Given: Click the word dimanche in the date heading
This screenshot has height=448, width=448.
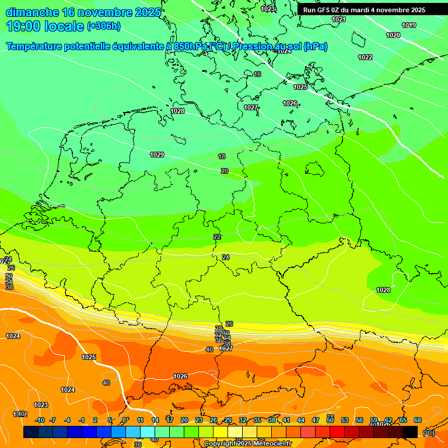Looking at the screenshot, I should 32,12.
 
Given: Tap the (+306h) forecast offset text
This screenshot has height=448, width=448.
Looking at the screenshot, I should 103,26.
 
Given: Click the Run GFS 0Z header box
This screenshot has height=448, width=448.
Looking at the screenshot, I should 364,10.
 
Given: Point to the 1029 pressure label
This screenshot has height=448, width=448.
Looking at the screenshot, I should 157,155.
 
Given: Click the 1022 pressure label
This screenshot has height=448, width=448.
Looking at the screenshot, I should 365,57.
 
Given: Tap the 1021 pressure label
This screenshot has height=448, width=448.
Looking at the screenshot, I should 338,19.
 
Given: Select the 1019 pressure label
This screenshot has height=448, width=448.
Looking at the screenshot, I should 409,25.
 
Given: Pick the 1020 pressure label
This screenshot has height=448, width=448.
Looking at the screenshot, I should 394,35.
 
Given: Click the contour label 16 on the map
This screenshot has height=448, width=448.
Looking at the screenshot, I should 257,74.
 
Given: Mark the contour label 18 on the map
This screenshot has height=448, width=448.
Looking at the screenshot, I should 222,156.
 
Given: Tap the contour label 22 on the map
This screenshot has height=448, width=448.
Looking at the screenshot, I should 217,237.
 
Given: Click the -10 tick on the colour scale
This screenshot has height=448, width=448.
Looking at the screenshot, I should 40,420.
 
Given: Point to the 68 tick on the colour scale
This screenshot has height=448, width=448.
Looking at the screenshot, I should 418,420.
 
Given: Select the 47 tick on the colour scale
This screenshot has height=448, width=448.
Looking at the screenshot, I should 316,420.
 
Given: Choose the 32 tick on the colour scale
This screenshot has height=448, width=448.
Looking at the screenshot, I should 243,420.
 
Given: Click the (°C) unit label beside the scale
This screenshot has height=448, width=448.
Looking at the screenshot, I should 428,432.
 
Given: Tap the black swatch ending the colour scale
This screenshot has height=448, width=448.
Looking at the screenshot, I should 410,432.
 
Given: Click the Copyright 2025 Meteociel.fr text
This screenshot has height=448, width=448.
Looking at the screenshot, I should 247,443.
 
